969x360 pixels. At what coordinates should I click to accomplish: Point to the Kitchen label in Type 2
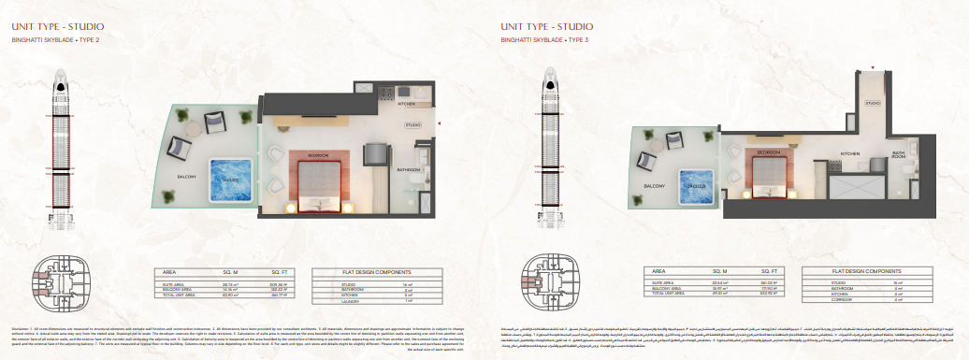[406, 105]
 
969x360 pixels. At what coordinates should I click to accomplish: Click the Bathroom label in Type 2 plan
[409, 169]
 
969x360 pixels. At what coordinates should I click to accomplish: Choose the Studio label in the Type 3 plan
[872, 103]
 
